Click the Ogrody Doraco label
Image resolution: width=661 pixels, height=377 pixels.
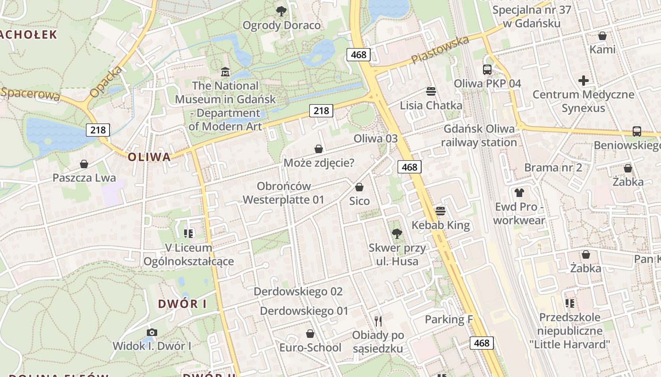281,25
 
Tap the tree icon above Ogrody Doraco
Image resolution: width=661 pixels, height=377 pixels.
281,11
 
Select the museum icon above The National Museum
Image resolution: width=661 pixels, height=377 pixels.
225,72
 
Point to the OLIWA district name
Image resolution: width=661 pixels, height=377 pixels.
149,157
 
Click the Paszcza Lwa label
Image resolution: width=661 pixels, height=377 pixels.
84,178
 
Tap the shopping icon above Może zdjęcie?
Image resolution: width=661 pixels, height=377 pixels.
319,149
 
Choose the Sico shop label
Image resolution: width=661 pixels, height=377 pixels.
359,201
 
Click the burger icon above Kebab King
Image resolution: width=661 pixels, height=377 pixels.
441,211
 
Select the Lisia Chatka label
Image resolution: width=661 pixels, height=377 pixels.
431,106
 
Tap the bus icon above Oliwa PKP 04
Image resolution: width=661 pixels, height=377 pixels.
487,70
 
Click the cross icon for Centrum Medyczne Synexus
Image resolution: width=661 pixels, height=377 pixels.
584,81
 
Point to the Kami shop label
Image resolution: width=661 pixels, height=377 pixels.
602,49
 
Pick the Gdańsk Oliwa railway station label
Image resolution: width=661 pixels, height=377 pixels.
479,136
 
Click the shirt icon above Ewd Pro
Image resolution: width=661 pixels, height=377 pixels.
519,192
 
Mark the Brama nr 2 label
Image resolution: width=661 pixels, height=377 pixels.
553,168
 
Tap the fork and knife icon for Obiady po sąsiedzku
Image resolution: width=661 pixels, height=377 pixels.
378,321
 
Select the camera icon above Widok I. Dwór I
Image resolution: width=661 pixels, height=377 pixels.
152,332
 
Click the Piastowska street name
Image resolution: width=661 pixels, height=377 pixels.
440,50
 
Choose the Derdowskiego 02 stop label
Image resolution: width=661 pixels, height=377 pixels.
298,292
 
